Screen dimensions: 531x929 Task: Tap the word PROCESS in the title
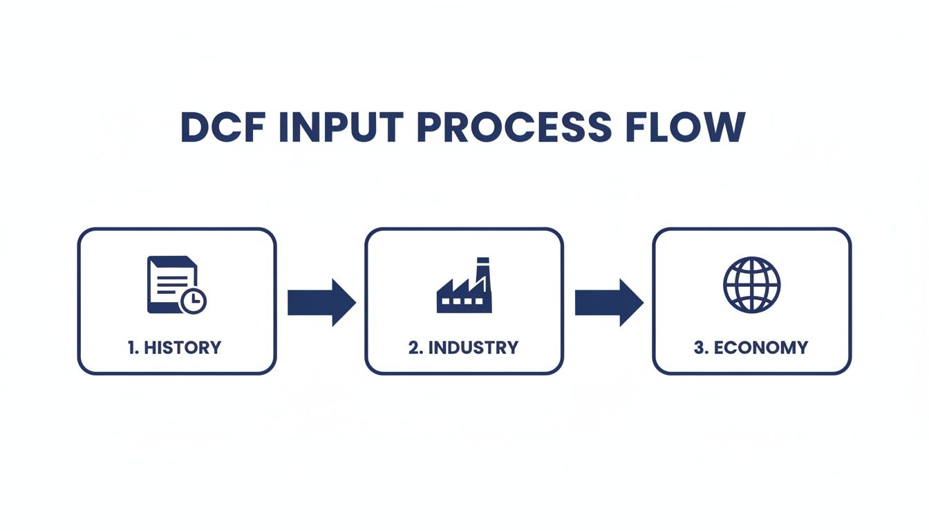[515, 127]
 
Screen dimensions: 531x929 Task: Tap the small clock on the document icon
[194, 301]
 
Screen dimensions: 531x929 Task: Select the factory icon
[464, 286]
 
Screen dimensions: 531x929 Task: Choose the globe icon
[751, 285]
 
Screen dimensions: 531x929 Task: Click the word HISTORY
[182, 347]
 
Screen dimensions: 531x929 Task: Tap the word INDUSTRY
[473, 347]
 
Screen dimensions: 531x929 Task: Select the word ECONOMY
[760, 347]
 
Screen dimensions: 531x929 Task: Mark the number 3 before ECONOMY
[700, 347]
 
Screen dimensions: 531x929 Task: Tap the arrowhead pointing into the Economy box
[630, 303]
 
